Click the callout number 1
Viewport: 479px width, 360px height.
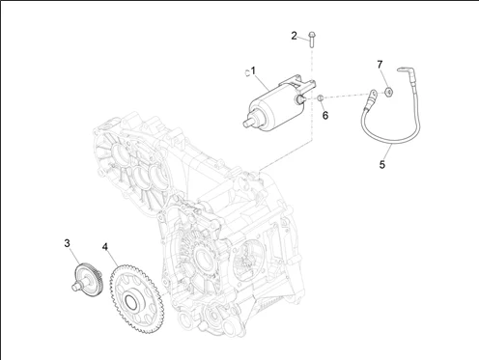coord(253,70)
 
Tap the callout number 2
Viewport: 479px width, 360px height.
coord(294,36)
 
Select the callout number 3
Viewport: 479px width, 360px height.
coord(67,243)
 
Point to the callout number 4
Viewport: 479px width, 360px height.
coord(105,247)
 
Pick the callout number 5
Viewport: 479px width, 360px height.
coord(382,165)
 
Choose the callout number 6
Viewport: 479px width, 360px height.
coord(325,115)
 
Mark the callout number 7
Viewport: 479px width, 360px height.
coord(380,65)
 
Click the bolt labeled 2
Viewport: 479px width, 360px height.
coord(312,40)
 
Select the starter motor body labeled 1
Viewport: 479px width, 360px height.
coord(277,104)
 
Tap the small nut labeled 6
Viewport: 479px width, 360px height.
coord(321,97)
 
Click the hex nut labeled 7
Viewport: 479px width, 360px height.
coord(389,93)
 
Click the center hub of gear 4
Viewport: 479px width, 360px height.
coord(130,301)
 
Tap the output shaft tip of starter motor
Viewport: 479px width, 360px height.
coord(247,122)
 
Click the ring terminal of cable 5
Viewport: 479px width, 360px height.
coord(373,95)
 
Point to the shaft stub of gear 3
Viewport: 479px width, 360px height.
coord(75,286)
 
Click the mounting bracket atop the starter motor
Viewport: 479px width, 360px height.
coord(297,82)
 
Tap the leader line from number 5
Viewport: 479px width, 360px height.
coord(388,152)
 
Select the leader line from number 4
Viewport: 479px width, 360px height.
coord(113,262)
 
